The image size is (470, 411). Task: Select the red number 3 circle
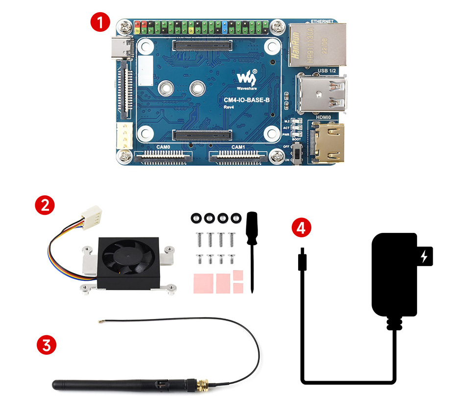(x=46, y=345)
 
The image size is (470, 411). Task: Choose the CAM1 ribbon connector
(x=238, y=158)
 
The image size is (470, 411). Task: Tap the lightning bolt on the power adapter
(x=424, y=256)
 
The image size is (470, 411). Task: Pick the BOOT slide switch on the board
(x=296, y=154)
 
